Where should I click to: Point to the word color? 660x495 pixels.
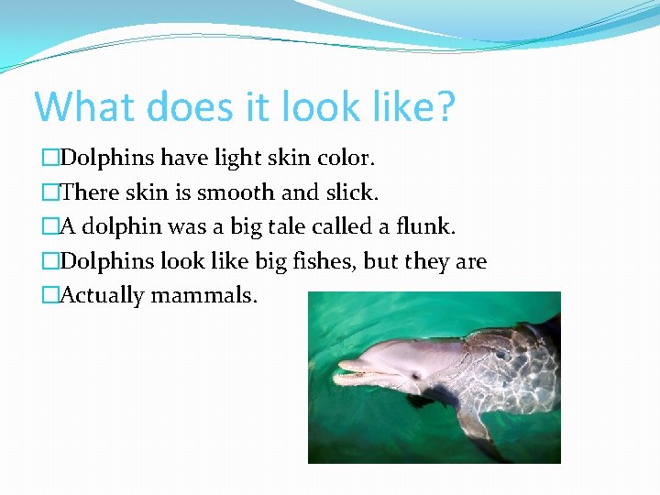tap(346, 159)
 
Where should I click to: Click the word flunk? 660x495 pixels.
tap(428, 226)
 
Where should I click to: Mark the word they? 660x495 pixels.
tap(428, 261)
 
